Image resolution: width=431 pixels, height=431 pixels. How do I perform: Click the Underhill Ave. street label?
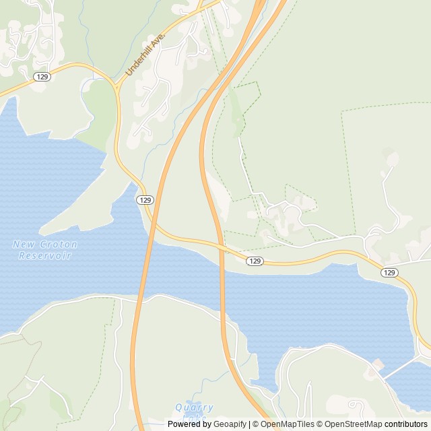[x=145, y=56]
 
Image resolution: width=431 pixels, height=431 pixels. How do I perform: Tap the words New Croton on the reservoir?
[x=45, y=244]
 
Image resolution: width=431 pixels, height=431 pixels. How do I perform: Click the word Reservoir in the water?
[x=45, y=255]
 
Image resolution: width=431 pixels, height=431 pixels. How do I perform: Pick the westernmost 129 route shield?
[x=42, y=77]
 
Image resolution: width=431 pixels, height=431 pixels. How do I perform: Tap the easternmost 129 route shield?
[x=389, y=272]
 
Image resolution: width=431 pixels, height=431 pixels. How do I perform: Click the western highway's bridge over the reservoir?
[x=144, y=269]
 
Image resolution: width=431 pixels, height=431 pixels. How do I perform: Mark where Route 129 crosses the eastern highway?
[x=220, y=247]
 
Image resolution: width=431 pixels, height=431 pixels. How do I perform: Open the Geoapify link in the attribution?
[x=231, y=424]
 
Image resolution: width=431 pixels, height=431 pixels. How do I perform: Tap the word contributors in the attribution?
[x=406, y=424]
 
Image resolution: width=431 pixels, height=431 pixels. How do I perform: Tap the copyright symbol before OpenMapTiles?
[x=256, y=424]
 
